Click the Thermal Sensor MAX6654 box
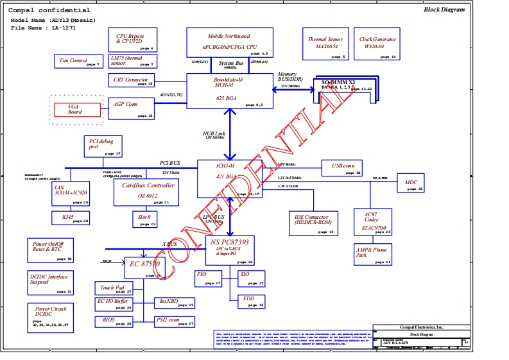point(325,46)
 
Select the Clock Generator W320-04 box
point(377,46)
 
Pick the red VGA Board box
point(75,109)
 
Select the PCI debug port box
point(103,147)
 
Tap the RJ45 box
point(71,218)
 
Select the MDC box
point(411,185)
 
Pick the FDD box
point(251,301)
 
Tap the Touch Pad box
point(114,289)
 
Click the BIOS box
point(114,321)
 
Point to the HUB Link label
point(214,133)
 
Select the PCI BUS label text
point(170,163)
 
